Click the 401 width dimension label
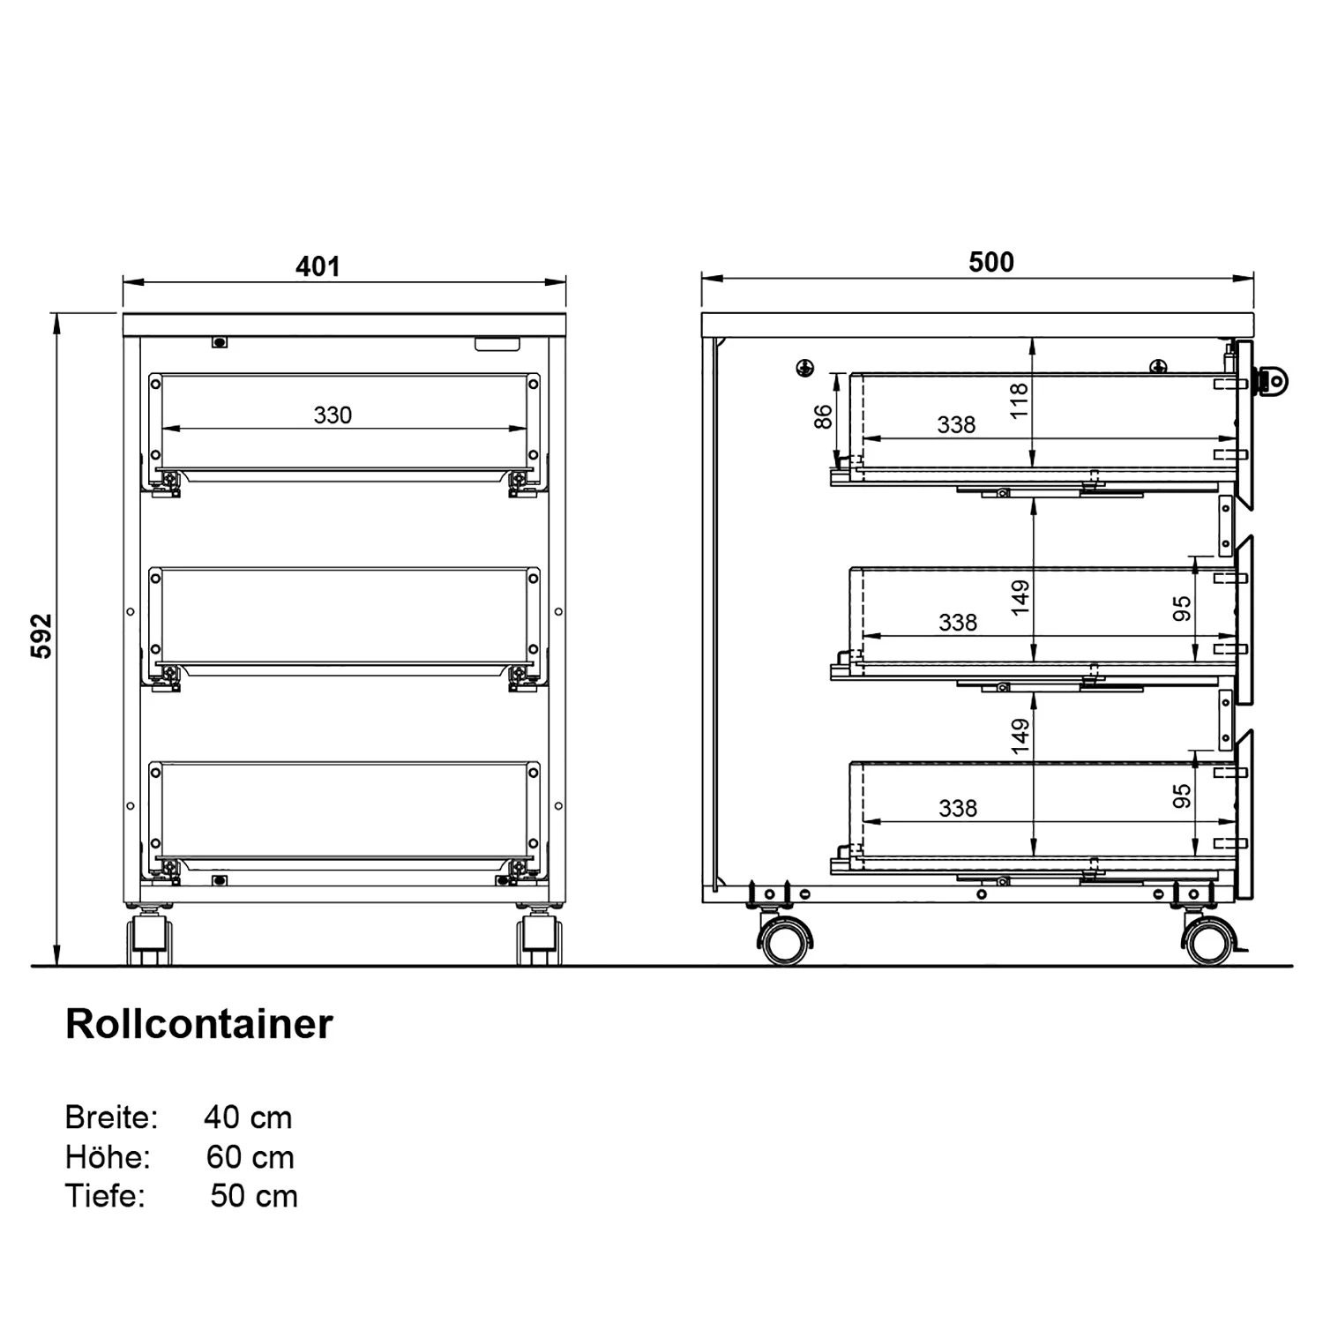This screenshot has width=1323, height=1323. pos(318,266)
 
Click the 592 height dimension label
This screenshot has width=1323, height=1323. pos(42,636)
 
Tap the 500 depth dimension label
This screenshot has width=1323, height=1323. pos(991,262)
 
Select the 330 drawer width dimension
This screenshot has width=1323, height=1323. pos(333,415)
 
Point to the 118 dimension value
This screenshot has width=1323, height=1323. pos(1020,401)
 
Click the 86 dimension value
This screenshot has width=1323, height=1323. pos(823,416)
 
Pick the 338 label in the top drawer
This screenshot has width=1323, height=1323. pos(957,425)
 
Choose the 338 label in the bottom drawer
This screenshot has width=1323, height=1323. pos(957,809)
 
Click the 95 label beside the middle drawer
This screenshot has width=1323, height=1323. pos(1182,609)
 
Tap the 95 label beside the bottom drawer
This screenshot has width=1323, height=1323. pos(1182,796)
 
